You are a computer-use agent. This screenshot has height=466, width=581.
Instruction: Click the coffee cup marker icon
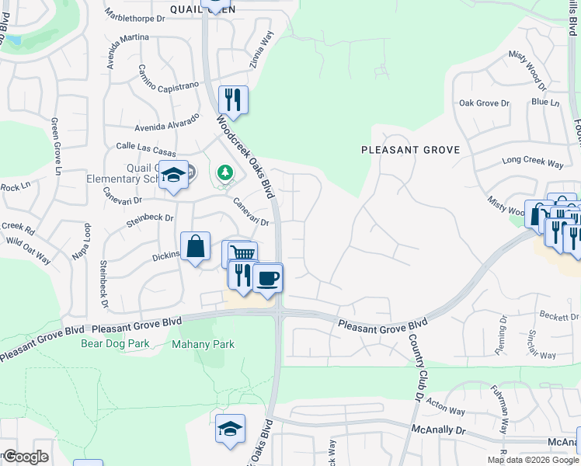tap(268, 278)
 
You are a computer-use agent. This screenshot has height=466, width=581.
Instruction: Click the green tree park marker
tap(224, 172)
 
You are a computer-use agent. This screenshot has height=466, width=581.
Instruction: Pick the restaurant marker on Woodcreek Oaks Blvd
tap(233, 99)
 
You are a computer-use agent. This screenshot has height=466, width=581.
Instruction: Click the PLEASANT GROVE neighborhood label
tap(411, 150)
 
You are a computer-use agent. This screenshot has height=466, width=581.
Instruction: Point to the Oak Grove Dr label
tap(483, 103)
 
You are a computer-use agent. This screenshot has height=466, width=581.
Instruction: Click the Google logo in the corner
tap(25, 457)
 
